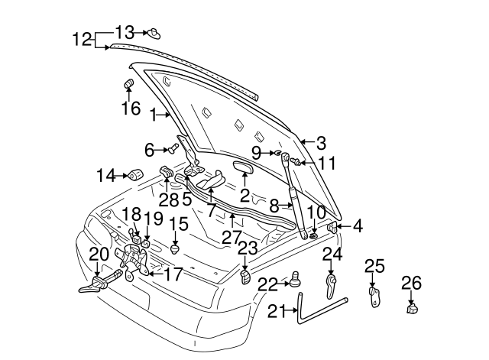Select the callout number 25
(x=374, y=266)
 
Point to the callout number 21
(x=279, y=310)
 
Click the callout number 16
(x=131, y=108)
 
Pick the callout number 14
(x=105, y=176)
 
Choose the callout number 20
(x=99, y=255)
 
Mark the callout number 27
(x=232, y=237)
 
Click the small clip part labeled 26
(x=412, y=308)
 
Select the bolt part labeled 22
(x=293, y=281)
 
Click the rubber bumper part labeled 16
(x=128, y=83)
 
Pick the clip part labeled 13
(x=154, y=33)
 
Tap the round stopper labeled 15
(x=177, y=248)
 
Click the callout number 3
(x=321, y=143)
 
